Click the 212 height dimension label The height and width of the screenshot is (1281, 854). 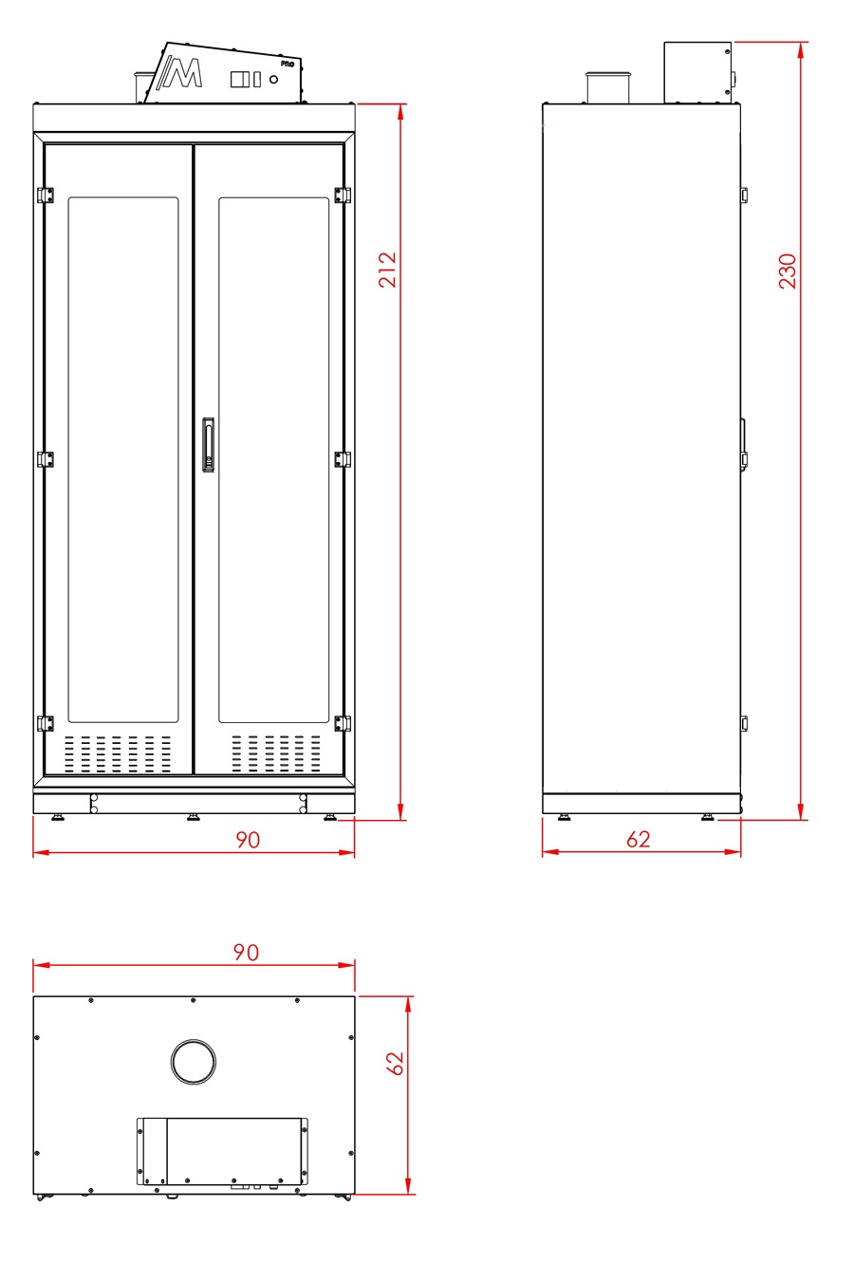point(388,269)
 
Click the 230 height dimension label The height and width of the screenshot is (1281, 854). point(788,271)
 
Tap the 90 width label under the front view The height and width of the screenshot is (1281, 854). point(248,840)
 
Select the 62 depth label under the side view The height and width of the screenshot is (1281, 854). point(639,840)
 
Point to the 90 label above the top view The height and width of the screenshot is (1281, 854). point(246,952)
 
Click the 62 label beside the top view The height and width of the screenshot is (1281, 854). point(396,1063)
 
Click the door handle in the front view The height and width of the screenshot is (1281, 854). point(208,445)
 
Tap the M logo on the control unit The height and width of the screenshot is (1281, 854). point(180,72)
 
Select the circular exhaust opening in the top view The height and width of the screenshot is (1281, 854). point(194,1062)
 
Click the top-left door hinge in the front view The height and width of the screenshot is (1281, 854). point(46,195)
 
